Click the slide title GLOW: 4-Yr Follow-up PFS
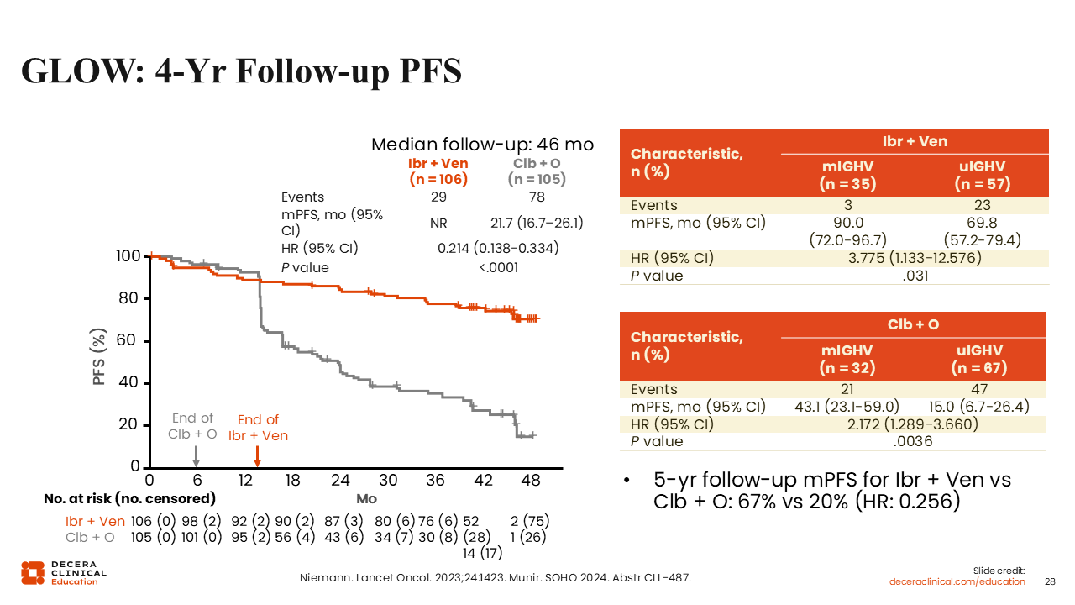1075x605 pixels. click(241, 71)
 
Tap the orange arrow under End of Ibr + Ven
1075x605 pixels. click(257, 455)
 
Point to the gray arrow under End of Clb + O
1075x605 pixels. click(196, 455)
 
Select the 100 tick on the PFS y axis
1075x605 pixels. click(128, 256)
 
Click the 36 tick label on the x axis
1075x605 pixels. click(436, 481)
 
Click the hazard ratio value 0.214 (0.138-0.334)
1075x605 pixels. click(498, 249)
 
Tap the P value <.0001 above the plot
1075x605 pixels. click(498, 268)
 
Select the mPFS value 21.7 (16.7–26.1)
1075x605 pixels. click(537, 224)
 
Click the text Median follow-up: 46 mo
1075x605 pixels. click(482, 145)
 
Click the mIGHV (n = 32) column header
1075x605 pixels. click(847, 359)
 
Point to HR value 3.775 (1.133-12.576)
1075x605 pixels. click(915, 258)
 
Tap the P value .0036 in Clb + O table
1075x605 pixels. click(914, 441)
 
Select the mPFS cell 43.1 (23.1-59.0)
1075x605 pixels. click(847, 407)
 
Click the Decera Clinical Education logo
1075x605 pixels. click(64, 572)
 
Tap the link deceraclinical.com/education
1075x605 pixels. click(957, 581)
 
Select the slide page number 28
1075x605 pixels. click(1049, 581)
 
